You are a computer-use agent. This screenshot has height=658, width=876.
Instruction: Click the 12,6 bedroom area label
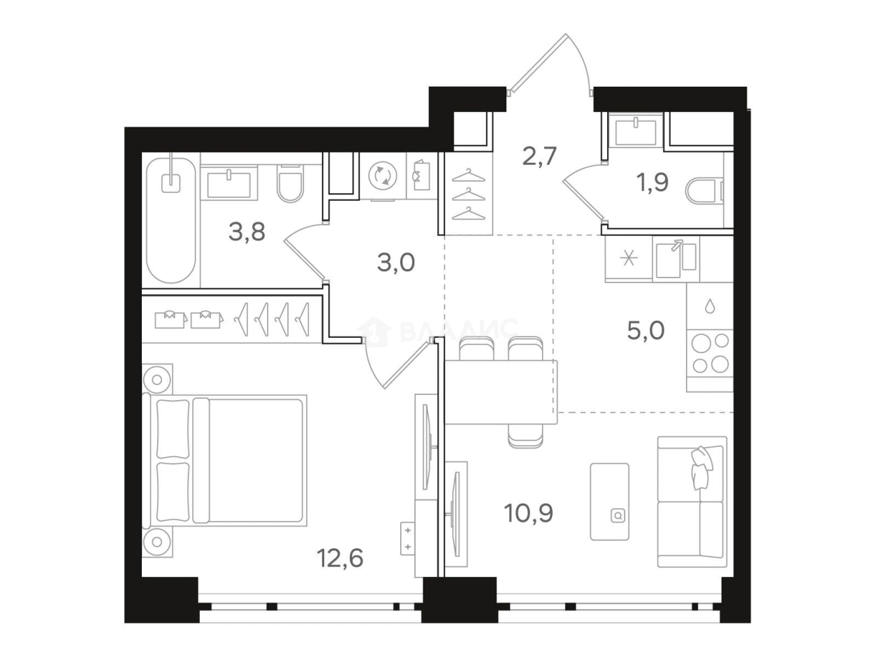[x=340, y=559]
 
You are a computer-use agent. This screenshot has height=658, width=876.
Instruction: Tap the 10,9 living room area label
[x=528, y=513]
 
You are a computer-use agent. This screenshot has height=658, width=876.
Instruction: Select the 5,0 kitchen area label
[x=645, y=330]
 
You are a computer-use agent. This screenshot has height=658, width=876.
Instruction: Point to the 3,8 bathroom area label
[x=247, y=231]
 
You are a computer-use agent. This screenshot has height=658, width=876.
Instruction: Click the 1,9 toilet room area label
[x=652, y=183]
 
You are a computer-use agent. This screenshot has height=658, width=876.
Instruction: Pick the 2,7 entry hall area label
[x=539, y=156]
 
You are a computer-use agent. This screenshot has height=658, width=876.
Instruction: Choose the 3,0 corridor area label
[x=396, y=262]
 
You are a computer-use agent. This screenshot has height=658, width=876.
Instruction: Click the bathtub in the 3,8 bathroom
[x=171, y=220]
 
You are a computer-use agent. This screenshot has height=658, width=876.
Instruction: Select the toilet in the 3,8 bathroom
[x=290, y=184]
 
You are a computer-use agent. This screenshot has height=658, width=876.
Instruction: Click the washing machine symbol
[x=383, y=176]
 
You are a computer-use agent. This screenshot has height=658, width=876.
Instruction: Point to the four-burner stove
[x=710, y=352]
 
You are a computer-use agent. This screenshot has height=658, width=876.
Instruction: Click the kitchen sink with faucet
[x=676, y=259]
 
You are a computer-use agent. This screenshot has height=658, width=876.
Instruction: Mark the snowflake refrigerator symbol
[x=629, y=259]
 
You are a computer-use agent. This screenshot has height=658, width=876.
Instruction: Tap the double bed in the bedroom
[x=225, y=460]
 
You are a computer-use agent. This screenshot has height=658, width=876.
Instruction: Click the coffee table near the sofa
[x=609, y=502]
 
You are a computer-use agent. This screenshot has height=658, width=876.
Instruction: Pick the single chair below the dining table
[x=525, y=436]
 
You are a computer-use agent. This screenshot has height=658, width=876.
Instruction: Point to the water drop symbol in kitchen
[x=710, y=306]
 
